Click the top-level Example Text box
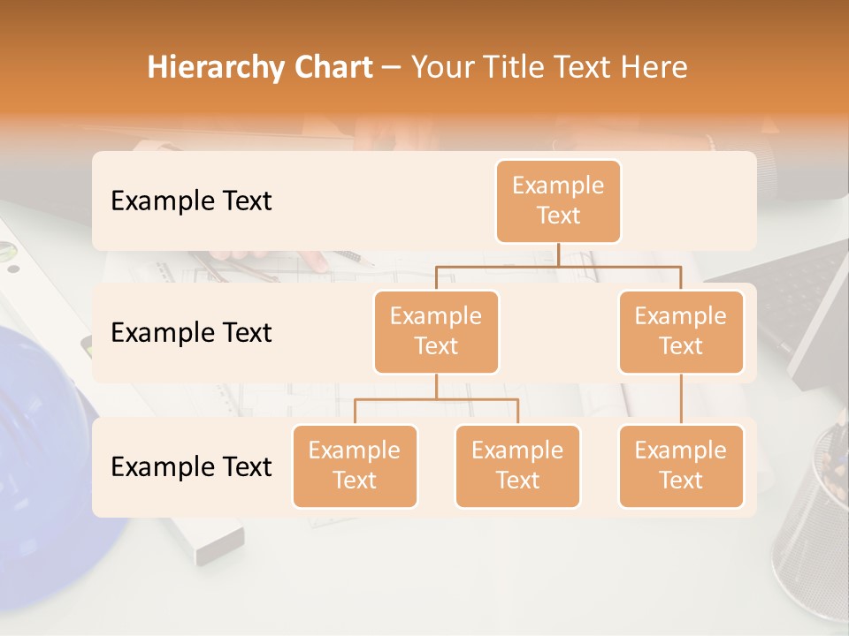[x=558, y=201]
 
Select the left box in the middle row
[x=436, y=331]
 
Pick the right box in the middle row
[x=681, y=331]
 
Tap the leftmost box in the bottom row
[x=355, y=466]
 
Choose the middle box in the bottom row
[x=517, y=466]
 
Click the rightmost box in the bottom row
[x=681, y=466]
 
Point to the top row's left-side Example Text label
[x=191, y=201]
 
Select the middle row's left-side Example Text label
[x=191, y=333]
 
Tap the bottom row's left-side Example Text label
[x=191, y=466]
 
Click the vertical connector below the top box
[x=558, y=254]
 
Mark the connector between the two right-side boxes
[x=681, y=399]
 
